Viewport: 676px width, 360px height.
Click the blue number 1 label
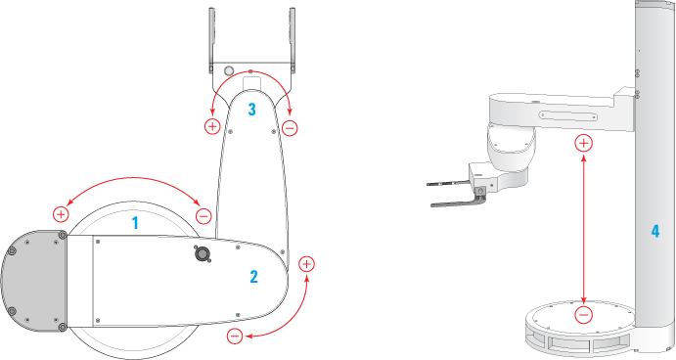135,223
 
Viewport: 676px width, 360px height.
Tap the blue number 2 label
254,277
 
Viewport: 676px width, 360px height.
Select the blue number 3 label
251,110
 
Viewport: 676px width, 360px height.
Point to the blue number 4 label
655,232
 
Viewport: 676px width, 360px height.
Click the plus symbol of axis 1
61,214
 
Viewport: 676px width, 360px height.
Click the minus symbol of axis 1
203,216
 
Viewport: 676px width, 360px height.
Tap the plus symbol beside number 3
212,126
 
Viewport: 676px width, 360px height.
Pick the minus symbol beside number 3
290,128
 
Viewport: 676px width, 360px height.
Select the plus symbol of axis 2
306,264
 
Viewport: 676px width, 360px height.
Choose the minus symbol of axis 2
235,336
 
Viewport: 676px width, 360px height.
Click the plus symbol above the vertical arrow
584,143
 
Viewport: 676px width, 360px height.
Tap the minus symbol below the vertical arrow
584,315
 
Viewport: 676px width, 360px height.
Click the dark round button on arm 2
201,254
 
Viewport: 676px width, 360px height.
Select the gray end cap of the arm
34,281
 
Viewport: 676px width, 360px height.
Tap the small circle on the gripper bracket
229,70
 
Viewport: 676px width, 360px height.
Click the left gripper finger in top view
211,40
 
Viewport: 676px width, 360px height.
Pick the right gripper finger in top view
293,40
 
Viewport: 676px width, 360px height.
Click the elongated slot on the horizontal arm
568,115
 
